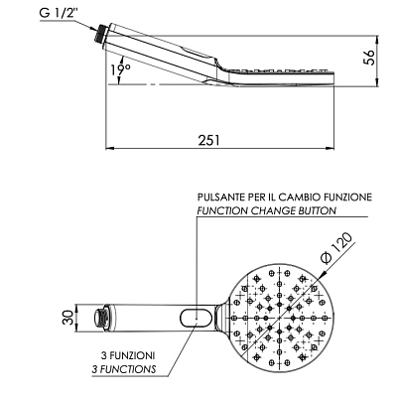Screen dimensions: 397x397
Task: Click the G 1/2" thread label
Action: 59,13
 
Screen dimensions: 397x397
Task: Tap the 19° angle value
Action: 120,69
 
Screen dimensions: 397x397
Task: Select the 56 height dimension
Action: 369,58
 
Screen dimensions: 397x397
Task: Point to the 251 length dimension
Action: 208,140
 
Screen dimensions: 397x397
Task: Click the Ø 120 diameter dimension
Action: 336,248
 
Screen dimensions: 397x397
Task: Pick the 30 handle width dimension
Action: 67,318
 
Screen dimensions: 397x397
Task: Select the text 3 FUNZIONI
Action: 128,356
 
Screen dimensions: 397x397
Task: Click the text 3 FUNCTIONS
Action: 124,369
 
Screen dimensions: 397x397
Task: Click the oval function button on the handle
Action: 197,318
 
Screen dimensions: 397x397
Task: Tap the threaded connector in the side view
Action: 100,34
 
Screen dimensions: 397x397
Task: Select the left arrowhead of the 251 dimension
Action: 110,148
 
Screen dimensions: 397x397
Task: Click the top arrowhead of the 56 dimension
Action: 378,40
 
